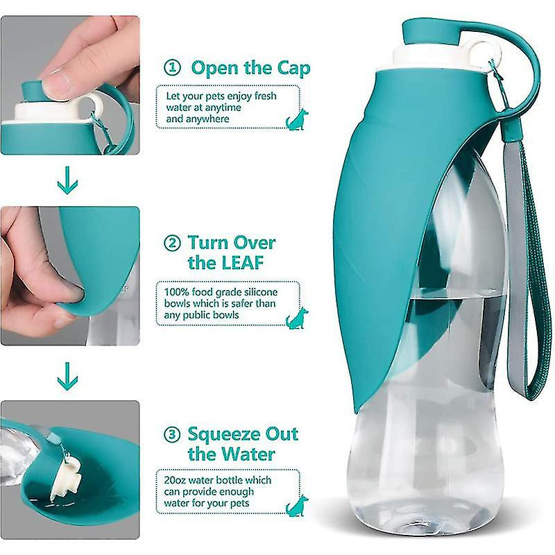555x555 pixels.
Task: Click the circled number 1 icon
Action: (172, 68)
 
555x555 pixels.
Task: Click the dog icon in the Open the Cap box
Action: (296, 119)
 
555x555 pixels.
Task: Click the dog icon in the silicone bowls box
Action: (296, 318)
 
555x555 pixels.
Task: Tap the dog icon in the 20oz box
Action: (296, 505)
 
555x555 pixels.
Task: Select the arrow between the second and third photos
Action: (68, 375)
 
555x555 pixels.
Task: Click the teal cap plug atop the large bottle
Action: (425, 32)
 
